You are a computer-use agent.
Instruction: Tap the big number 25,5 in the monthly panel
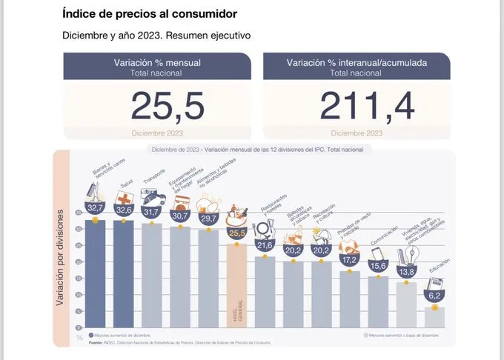168,106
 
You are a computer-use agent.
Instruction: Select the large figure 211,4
357,106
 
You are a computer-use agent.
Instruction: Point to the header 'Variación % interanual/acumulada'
357,64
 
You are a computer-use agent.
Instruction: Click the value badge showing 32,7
95,209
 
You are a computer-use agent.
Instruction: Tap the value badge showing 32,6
123,210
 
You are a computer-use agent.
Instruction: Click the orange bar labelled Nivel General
237,285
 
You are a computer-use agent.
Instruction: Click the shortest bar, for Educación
435,316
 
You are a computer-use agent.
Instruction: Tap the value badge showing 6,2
435,295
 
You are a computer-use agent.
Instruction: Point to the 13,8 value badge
406,272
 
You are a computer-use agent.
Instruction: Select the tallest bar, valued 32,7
95,274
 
